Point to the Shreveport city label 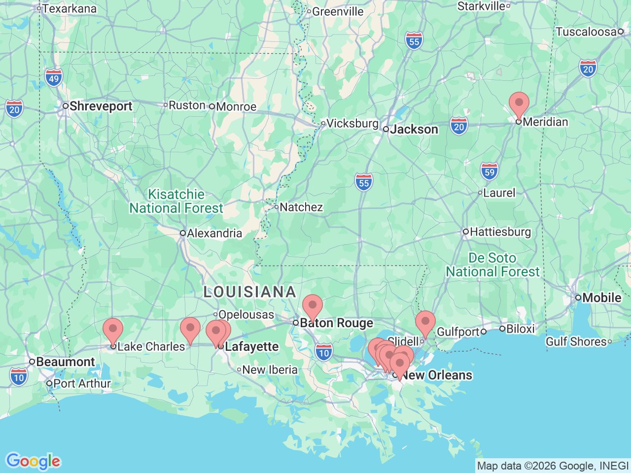[x=101, y=106]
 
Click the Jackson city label [x=414, y=130]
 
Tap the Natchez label [x=301, y=207]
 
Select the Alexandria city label [x=214, y=233]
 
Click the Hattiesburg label [x=500, y=232]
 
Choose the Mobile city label [x=601, y=298]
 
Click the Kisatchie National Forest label [x=176, y=202]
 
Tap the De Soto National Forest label [x=492, y=265]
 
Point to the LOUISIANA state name [x=249, y=292]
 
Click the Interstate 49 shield [x=54, y=78]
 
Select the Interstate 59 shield [x=489, y=172]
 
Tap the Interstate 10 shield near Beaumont [x=19, y=377]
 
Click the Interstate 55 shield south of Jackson [x=364, y=183]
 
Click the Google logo [x=33, y=461]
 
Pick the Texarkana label [x=69, y=8]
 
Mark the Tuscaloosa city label [x=586, y=32]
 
